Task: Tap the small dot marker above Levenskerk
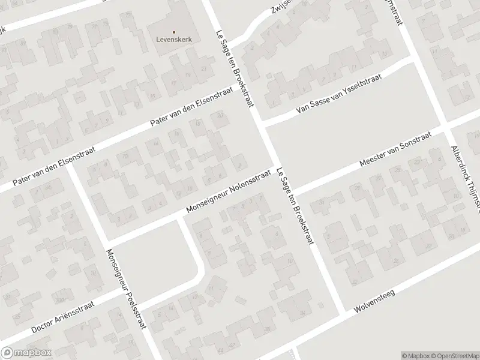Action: point(174,31)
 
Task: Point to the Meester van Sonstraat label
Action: point(395,151)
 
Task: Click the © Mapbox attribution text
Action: point(416,355)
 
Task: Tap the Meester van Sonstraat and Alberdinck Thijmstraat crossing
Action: point(447,129)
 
